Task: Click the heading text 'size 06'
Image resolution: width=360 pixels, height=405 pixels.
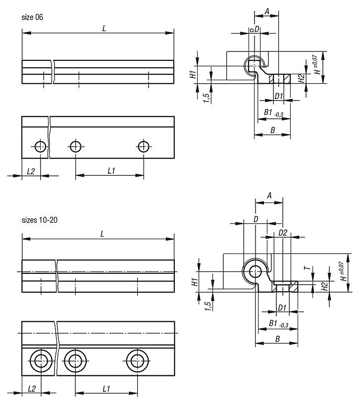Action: click(33, 17)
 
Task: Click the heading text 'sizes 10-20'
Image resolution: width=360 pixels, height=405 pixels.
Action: click(39, 220)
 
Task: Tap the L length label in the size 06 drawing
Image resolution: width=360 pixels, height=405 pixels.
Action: click(104, 28)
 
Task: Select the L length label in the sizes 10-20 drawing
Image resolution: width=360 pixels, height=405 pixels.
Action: click(103, 234)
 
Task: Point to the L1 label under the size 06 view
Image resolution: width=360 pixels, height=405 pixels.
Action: click(111, 171)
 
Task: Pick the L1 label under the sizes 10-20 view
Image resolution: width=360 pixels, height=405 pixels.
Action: click(106, 389)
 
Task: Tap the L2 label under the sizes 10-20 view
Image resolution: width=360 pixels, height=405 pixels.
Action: click(31, 389)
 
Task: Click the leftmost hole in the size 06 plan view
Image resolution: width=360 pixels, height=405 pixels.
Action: click(40, 146)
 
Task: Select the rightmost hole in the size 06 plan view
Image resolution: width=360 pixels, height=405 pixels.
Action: click(144, 146)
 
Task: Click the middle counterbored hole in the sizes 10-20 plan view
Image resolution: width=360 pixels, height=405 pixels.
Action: click(75, 360)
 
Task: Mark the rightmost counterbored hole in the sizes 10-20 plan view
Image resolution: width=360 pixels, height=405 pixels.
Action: click(135, 360)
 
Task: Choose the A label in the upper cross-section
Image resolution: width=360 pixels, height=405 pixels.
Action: click(267, 11)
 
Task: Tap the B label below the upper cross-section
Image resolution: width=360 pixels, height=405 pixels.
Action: click(272, 130)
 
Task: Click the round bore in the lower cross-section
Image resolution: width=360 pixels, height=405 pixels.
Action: click(256, 271)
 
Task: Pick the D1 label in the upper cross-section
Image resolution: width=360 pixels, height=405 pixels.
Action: click(278, 96)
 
